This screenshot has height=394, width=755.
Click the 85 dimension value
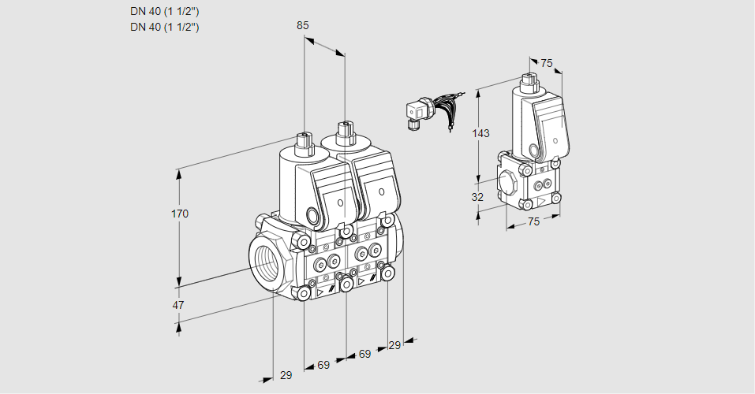pyautogui.click(x=303, y=25)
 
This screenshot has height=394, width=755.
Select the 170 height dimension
pyautogui.click(x=180, y=214)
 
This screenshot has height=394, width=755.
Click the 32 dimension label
pyautogui.click(x=477, y=197)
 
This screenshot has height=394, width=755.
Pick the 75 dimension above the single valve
pyautogui.click(x=546, y=64)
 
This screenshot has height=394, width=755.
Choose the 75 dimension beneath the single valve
pyautogui.click(x=533, y=221)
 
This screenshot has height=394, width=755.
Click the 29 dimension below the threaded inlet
pyautogui.click(x=286, y=375)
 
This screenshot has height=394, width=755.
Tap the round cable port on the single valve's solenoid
pyautogui.click(x=534, y=150)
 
